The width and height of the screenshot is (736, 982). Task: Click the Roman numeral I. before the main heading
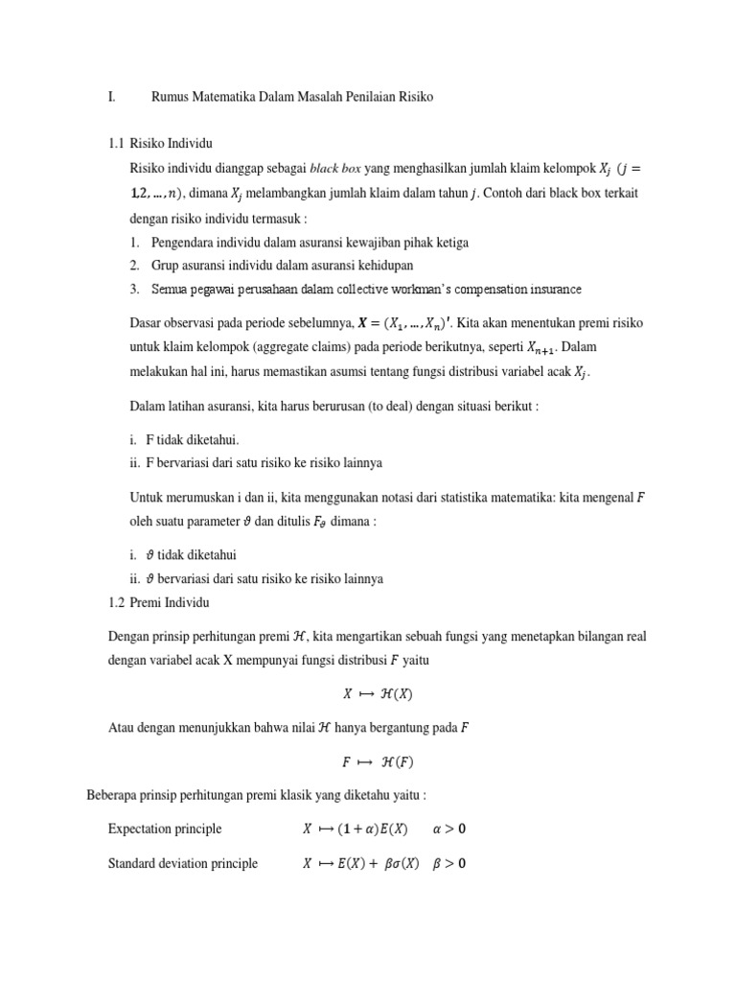112,97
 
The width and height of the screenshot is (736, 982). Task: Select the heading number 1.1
117,144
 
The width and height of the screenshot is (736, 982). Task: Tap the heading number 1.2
117,602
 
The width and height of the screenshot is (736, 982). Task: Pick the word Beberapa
112,795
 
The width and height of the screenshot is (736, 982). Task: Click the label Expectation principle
165,829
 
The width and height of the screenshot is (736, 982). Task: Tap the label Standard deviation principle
183,863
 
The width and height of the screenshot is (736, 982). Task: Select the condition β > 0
448,863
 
